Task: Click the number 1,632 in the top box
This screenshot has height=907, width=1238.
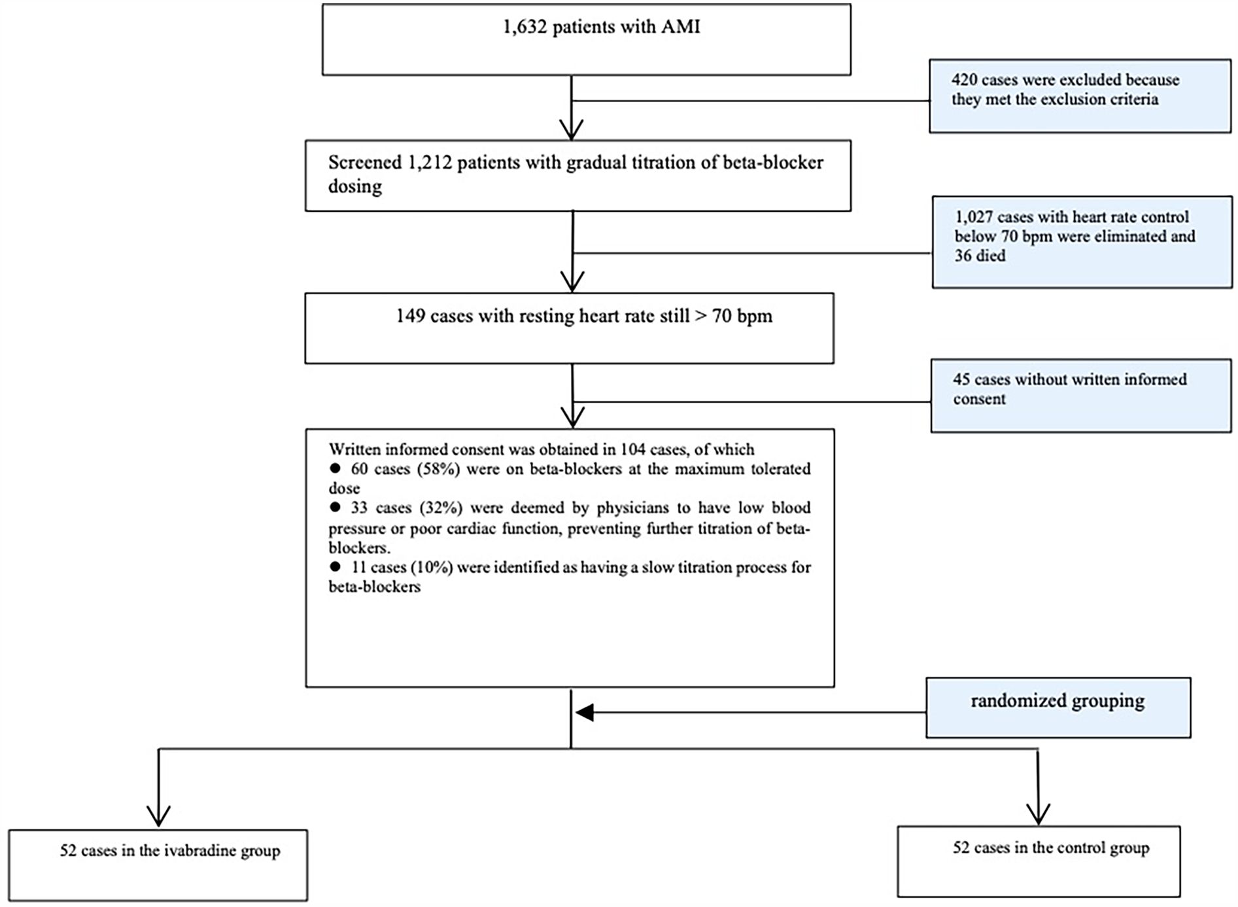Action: pos(524,27)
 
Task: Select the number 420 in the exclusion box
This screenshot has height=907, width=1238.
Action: pos(964,80)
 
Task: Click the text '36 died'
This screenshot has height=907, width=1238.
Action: pos(980,256)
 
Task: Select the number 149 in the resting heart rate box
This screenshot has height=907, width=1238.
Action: pos(411,317)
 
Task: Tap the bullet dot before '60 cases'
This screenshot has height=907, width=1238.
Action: pos(335,468)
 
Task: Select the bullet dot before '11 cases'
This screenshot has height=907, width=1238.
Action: pos(335,567)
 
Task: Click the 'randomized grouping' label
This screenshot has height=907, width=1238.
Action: pos(1057,702)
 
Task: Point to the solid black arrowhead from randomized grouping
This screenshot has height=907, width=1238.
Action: pos(584,713)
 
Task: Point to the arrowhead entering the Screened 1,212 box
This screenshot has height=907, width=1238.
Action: pos(572,129)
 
